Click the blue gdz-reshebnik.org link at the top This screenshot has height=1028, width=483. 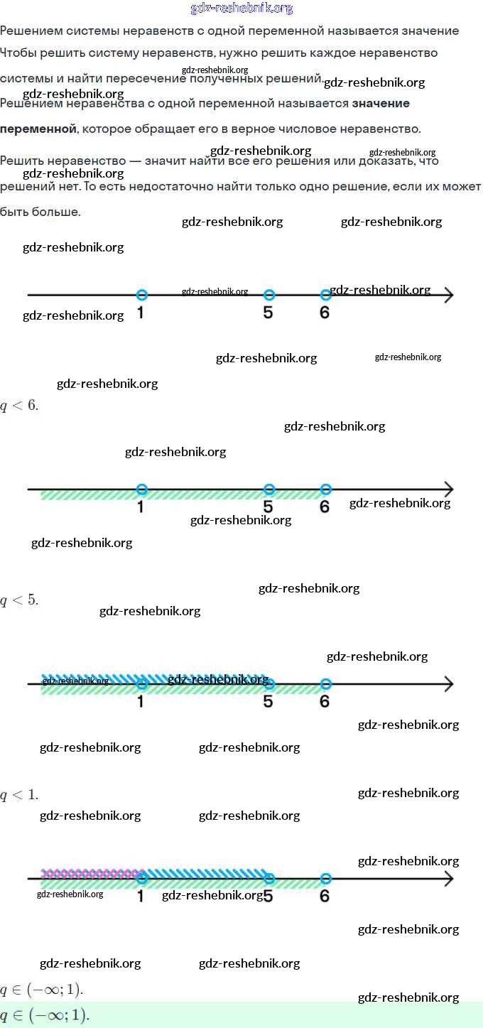241,9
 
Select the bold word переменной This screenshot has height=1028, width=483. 38,129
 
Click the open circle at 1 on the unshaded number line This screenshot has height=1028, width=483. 141,295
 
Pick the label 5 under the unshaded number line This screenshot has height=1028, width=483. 268,313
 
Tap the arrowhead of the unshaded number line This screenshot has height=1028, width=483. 448,295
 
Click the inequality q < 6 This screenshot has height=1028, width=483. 19,406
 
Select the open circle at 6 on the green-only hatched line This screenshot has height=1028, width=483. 325,489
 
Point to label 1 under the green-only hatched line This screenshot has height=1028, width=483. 141,507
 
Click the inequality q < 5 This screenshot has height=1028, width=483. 19,600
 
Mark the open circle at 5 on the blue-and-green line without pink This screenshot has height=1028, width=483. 268,683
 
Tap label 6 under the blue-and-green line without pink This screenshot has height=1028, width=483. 325,701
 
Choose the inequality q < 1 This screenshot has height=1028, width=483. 19,794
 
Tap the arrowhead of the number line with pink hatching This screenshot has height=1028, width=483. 448,879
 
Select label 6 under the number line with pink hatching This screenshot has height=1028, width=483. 325,896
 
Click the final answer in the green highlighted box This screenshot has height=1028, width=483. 45,1015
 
